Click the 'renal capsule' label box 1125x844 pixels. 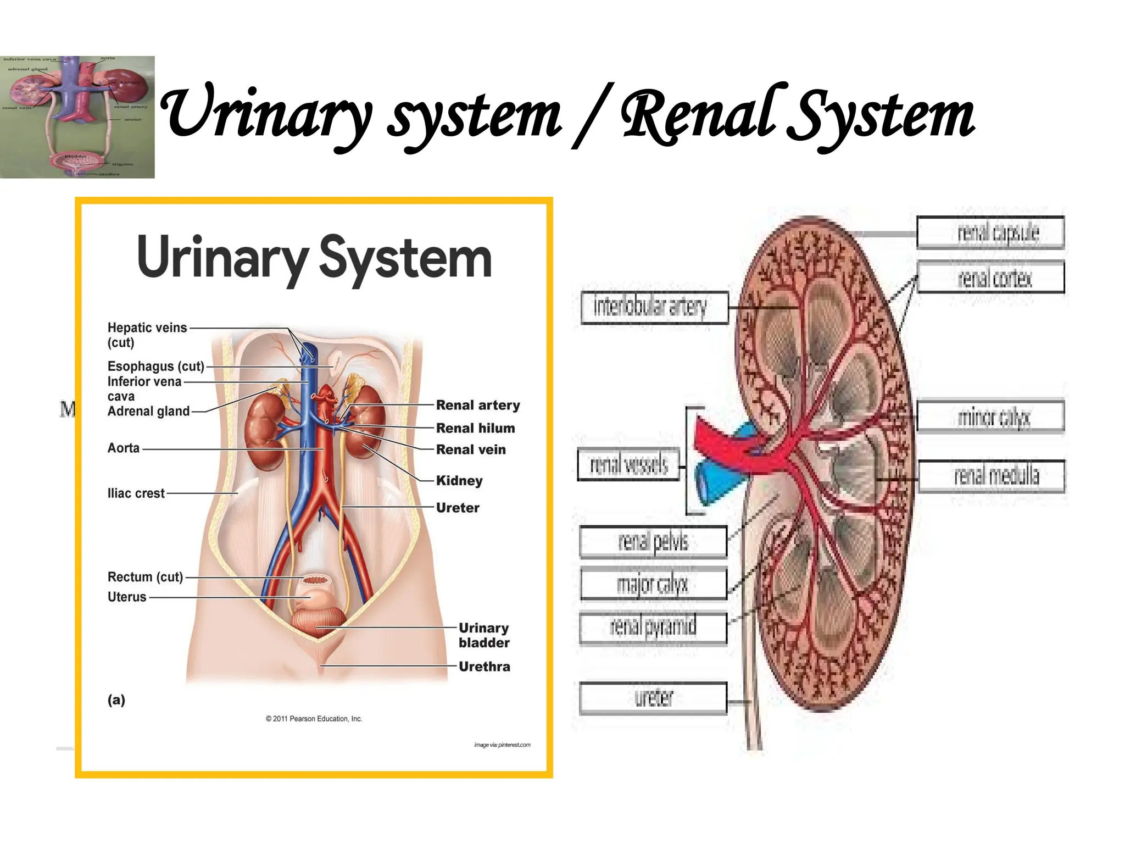[x=990, y=232]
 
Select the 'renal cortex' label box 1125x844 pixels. [x=990, y=277]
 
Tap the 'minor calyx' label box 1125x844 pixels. [x=990, y=417]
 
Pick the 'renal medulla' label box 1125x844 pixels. [x=991, y=475]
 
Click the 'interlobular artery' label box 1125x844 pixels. [x=654, y=307]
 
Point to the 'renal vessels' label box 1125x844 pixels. [x=628, y=464]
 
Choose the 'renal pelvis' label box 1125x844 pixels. [x=653, y=542]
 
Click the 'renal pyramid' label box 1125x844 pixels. [x=653, y=626]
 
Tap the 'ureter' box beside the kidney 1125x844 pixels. [x=653, y=698]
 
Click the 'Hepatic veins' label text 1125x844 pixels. [x=147, y=328]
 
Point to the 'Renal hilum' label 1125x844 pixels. [x=475, y=428]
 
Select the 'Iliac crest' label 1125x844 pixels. [x=136, y=493]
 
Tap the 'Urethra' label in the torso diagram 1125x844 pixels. [x=484, y=667]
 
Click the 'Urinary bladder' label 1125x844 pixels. [x=483, y=635]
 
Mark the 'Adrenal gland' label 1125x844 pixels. [x=148, y=411]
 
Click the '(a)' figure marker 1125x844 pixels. [x=116, y=699]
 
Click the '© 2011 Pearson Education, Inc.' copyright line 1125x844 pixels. [x=314, y=719]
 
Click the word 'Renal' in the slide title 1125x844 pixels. [x=698, y=115]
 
